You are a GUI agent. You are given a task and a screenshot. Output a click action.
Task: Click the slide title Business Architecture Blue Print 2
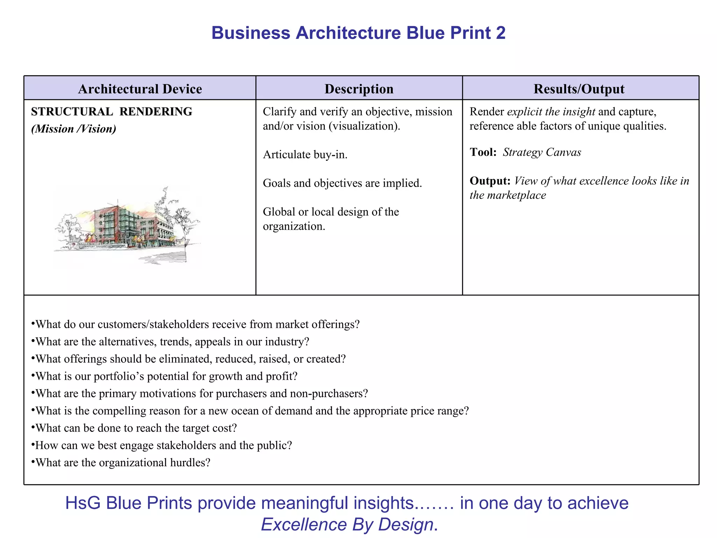coord(358,33)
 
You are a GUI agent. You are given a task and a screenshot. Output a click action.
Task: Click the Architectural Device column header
coord(140,89)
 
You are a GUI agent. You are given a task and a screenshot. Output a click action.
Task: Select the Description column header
coord(359,89)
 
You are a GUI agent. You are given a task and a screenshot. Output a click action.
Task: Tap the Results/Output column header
coord(579,89)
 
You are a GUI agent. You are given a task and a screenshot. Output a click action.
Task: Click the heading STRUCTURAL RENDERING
coord(111,112)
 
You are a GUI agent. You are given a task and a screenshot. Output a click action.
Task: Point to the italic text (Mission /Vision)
coord(74,129)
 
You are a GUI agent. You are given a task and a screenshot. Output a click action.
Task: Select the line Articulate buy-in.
coord(305,154)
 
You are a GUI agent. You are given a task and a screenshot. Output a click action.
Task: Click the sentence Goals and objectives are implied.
coord(342,183)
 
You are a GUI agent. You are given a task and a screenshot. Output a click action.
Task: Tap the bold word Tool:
coord(483,152)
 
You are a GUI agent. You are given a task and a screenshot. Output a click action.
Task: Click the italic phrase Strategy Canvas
coord(542,152)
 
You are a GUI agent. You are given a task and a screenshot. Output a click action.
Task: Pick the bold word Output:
coord(490,181)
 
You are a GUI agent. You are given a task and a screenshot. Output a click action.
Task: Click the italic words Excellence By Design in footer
coord(347,525)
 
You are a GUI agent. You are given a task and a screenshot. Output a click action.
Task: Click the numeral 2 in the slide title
coord(501,33)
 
